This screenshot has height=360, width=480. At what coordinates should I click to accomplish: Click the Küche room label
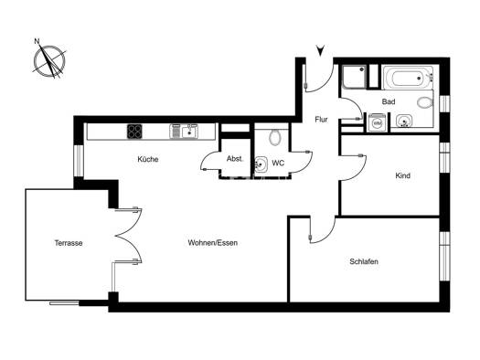click(x=148, y=159)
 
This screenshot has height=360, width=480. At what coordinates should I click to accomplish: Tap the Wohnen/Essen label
click(x=213, y=243)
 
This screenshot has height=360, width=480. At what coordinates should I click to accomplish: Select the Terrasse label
click(x=69, y=243)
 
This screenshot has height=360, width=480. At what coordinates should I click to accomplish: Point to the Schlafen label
click(x=364, y=261)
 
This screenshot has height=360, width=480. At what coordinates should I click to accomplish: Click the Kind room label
click(x=403, y=175)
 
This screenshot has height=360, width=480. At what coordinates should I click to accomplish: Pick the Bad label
click(x=389, y=101)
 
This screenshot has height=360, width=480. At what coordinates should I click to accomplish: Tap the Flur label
click(x=321, y=120)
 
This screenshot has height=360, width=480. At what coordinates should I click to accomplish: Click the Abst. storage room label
click(x=235, y=159)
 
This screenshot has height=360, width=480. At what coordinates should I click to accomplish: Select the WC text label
click(x=278, y=163)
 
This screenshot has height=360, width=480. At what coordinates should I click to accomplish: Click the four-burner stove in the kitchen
click(x=134, y=132)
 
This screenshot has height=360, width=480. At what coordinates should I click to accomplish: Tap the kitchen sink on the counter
click(x=184, y=132)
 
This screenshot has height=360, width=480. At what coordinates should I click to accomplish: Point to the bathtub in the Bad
click(x=407, y=78)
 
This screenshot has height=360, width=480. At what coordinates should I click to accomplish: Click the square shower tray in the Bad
click(x=354, y=77)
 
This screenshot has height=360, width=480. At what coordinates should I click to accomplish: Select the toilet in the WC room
click(x=275, y=136)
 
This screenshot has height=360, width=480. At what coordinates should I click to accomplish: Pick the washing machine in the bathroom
click(x=377, y=122)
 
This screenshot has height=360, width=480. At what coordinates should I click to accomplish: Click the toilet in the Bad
click(x=424, y=102)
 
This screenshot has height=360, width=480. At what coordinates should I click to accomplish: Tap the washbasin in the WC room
click(x=261, y=164)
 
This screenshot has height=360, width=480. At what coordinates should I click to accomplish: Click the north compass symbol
click(x=49, y=60)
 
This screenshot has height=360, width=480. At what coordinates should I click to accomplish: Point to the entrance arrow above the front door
click(x=320, y=50)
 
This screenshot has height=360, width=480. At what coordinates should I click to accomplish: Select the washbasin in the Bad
click(x=404, y=121)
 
